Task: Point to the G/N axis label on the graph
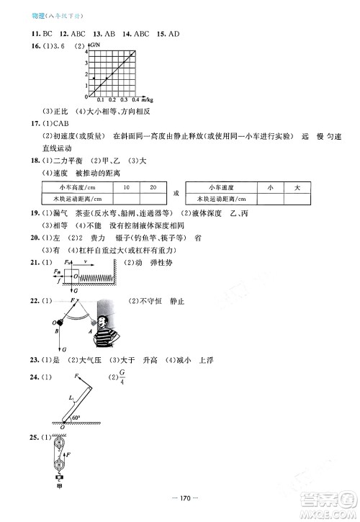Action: (x=94, y=46)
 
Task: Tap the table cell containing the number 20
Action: (x=153, y=187)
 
